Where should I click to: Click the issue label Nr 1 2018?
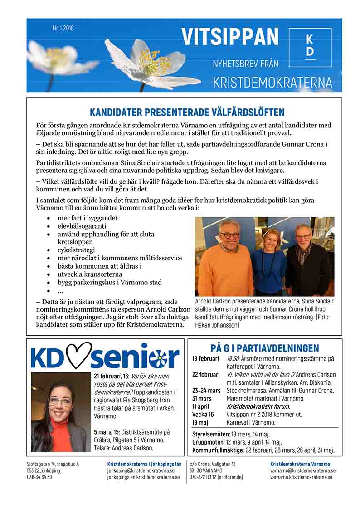point(63,28)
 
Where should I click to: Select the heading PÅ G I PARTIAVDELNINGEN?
point(265,348)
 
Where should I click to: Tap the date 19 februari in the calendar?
point(205,359)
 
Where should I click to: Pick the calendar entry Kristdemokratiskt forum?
point(258,406)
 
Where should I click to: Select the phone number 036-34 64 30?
point(39,477)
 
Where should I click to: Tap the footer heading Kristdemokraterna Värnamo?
point(300,464)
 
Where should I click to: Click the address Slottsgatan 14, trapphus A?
point(53,464)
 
